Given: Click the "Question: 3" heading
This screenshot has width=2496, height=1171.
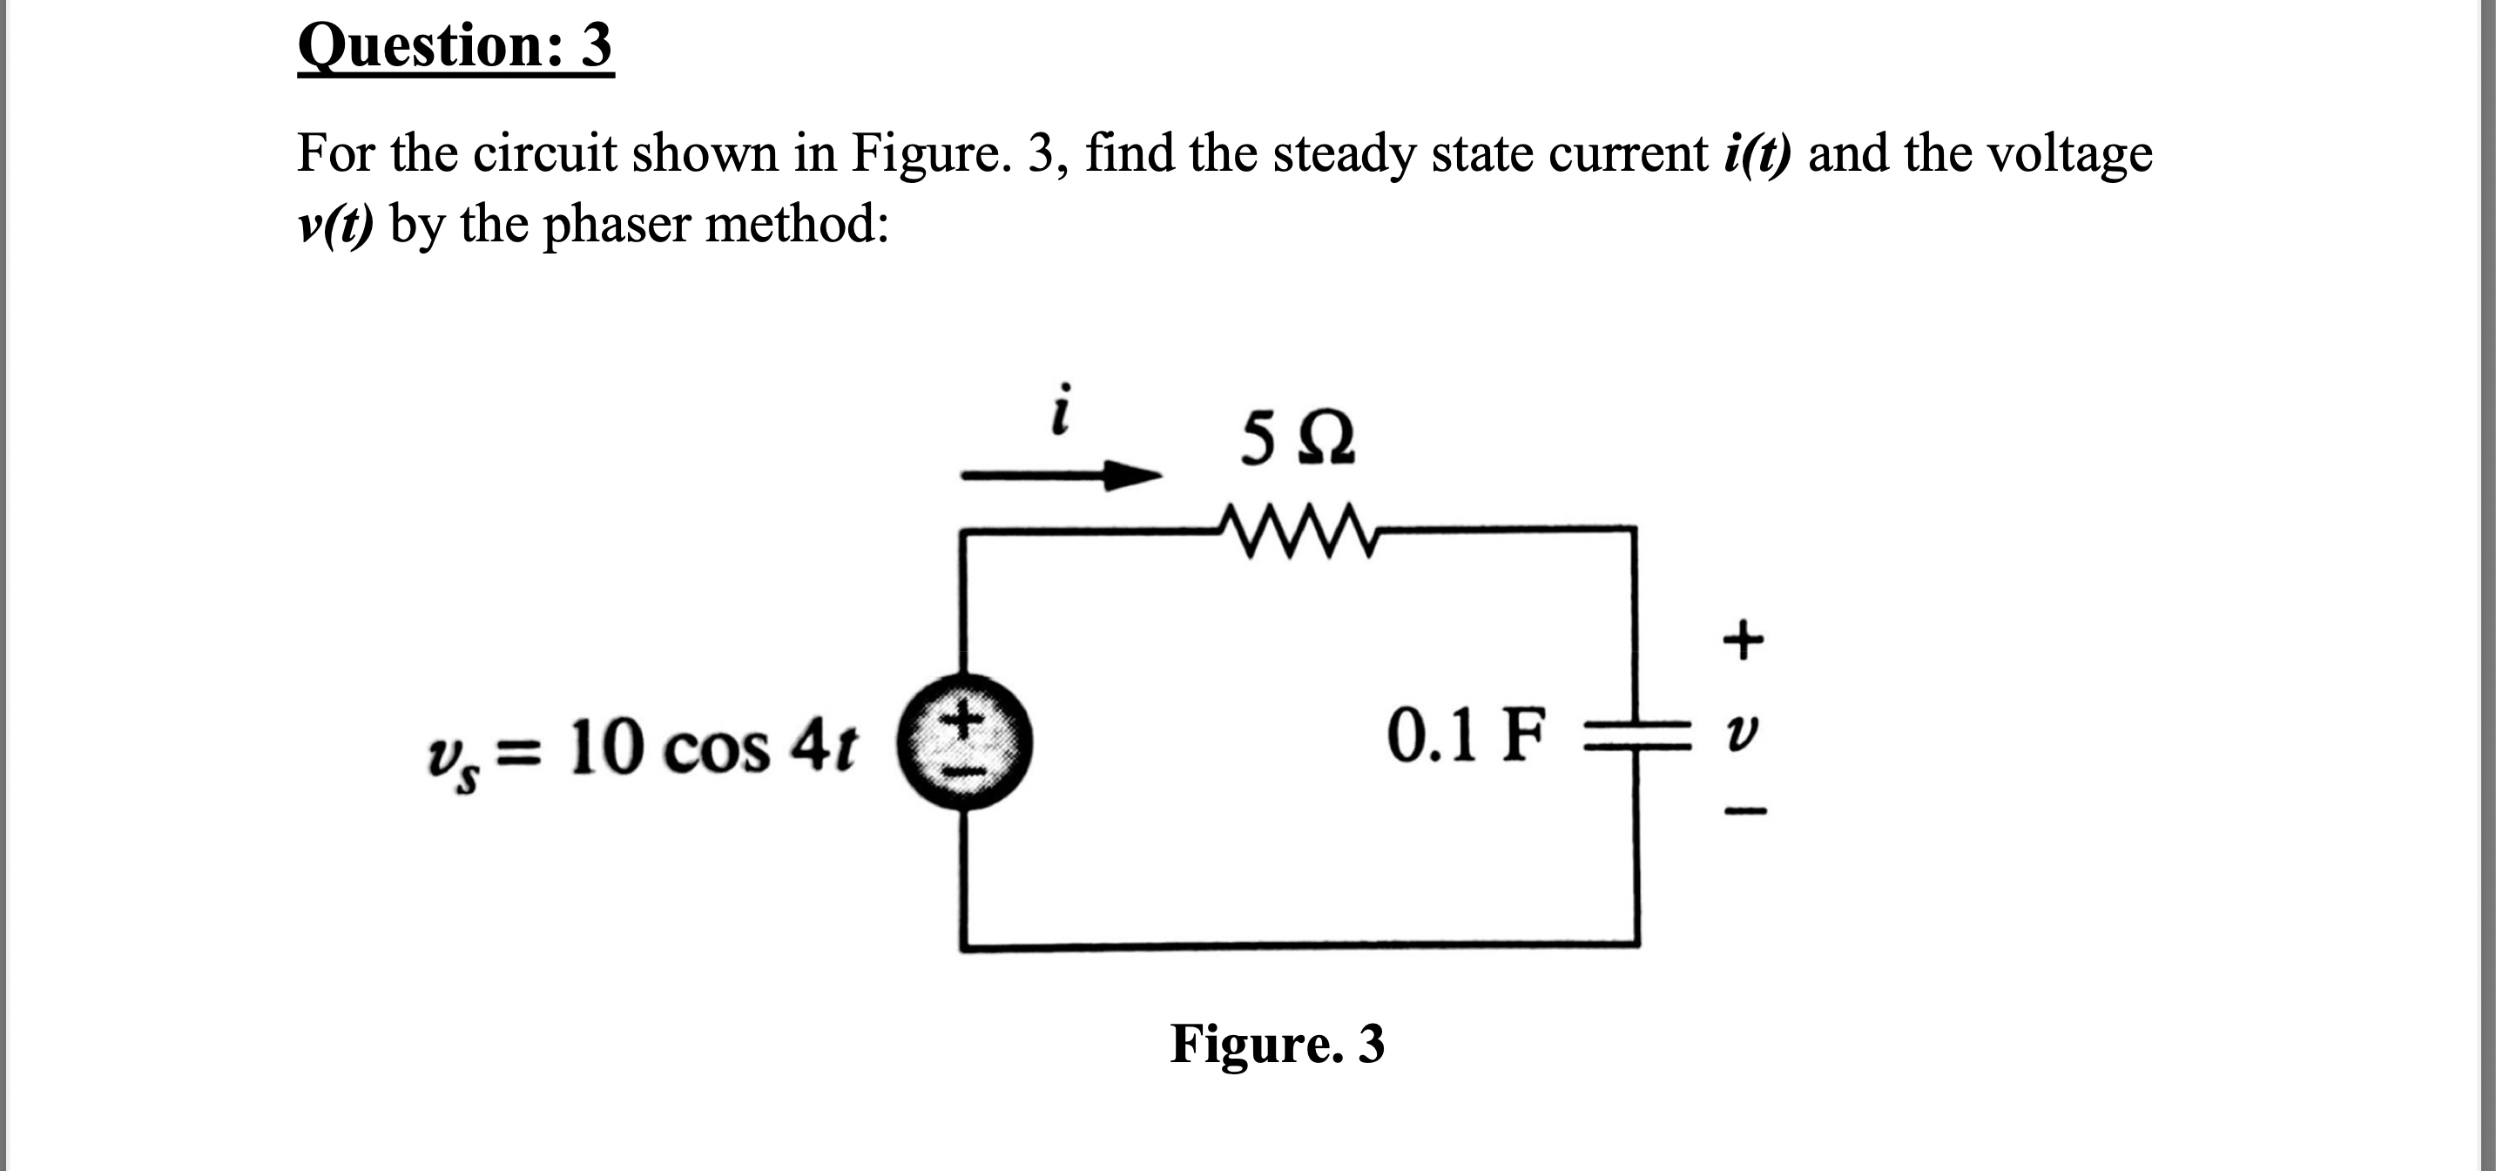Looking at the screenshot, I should tap(455, 46).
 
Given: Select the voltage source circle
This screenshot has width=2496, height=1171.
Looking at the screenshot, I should tap(963, 742).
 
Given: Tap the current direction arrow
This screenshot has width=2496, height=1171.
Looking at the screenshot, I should tap(1061, 475).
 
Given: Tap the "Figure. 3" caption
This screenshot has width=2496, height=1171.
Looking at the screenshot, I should tap(1277, 1044).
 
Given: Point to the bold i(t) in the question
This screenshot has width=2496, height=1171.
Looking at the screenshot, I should tap(1757, 154).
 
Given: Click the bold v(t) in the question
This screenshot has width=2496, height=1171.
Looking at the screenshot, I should tap(335, 225).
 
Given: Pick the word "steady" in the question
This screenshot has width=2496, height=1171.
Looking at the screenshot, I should tap(1344, 154).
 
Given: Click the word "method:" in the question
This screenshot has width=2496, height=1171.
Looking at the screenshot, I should tap(797, 225).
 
